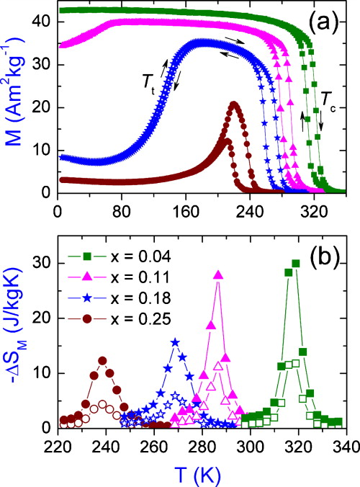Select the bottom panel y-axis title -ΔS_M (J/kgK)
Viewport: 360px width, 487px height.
pyautogui.click(x=16, y=339)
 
